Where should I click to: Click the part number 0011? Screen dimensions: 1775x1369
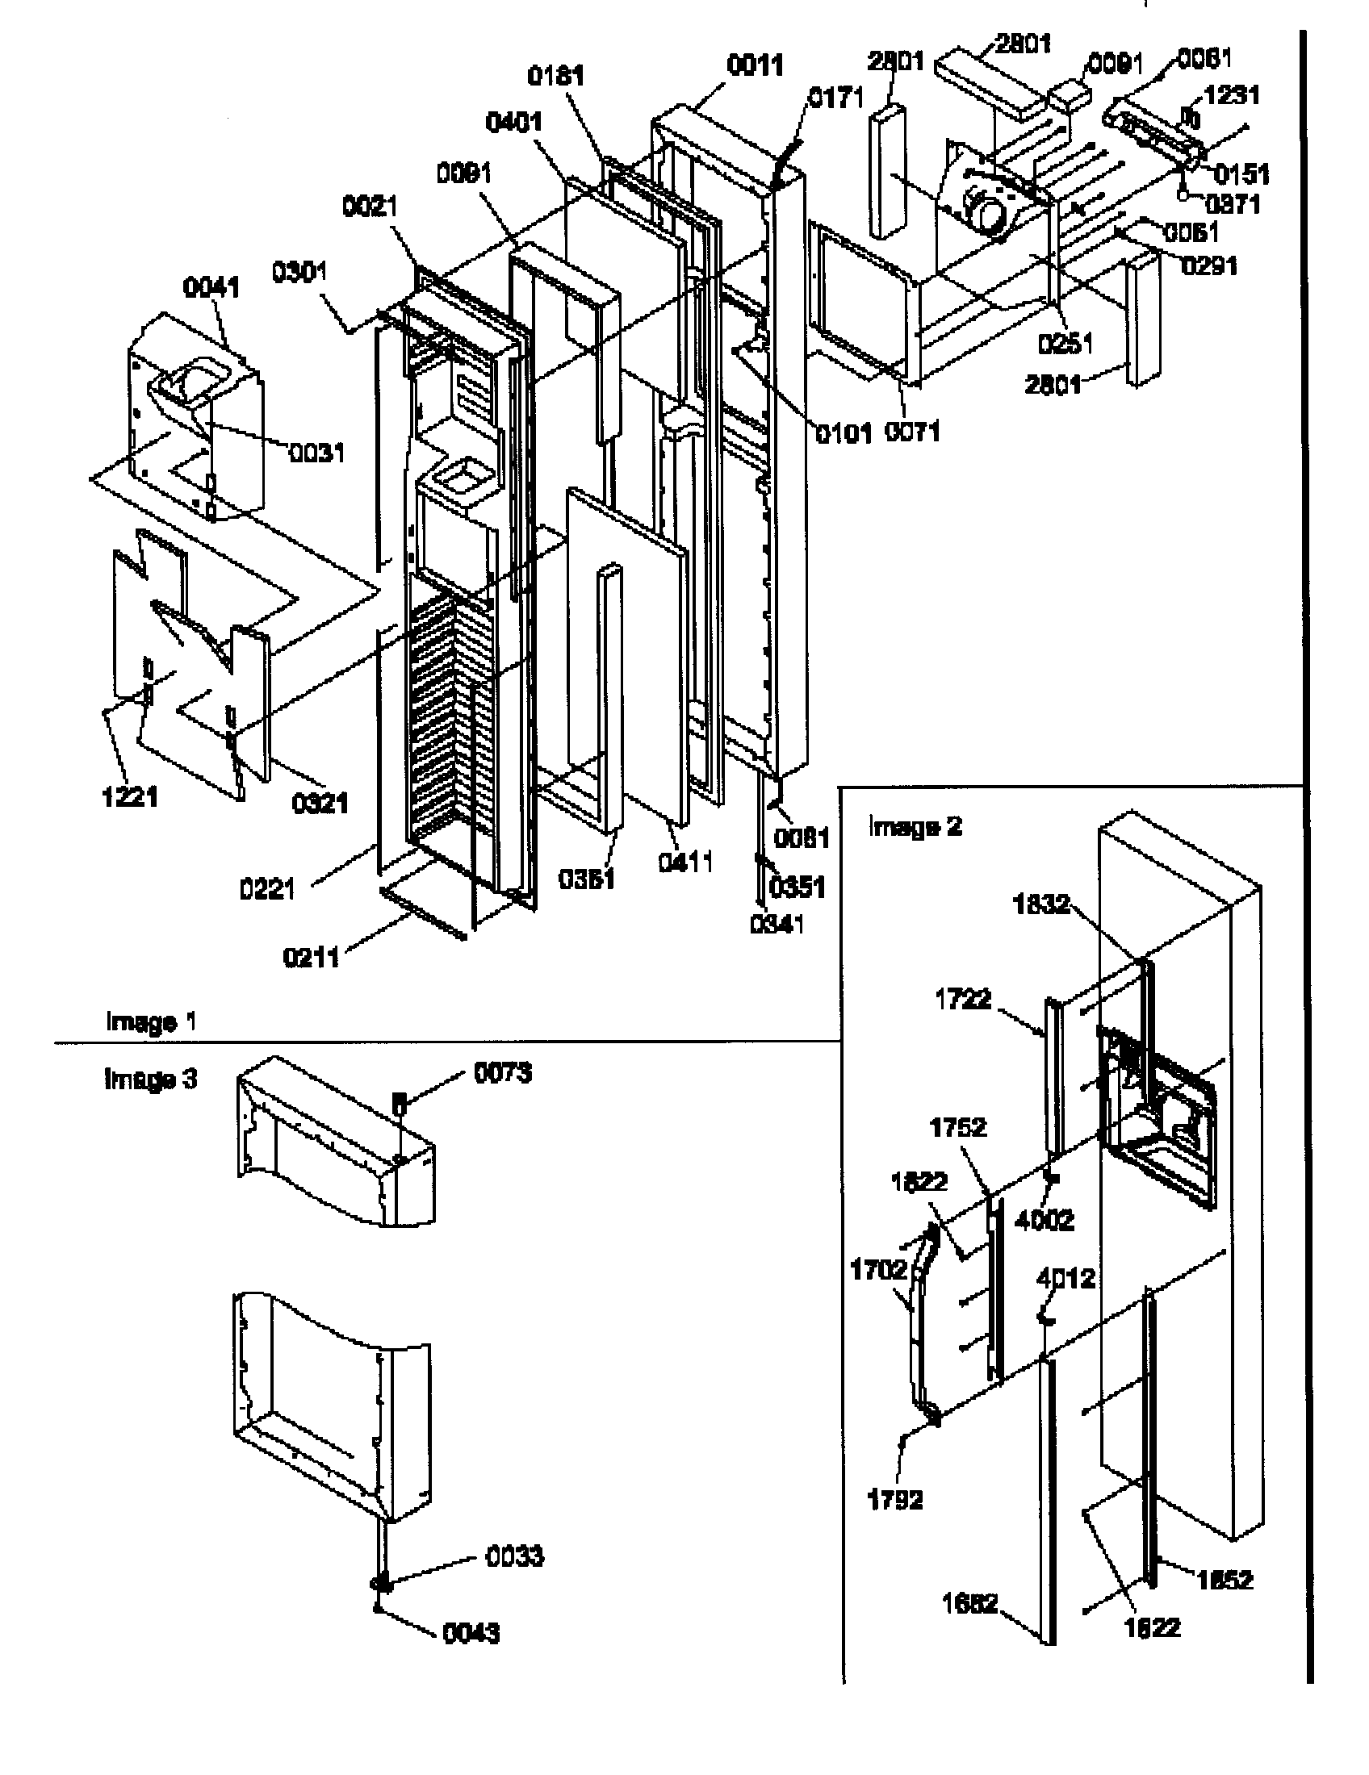click(x=755, y=66)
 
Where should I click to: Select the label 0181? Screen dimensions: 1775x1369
click(x=556, y=77)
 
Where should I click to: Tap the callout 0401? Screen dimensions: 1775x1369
click(x=514, y=123)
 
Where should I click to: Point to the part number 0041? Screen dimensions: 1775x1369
click(x=211, y=288)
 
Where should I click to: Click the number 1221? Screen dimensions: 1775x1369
click(x=130, y=797)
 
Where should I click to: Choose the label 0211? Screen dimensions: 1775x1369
click(x=311, y=958)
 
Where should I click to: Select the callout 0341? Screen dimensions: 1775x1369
click(x=777, y=924)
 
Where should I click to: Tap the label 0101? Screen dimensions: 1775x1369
click(x=844, y=434)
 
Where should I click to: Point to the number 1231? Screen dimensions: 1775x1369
click(x=1232, y=96)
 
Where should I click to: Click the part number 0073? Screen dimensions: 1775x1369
click(x=503, y=1074)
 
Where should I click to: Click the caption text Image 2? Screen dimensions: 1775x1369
click(x=915, y=827)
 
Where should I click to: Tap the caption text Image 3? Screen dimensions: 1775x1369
click(x=150, y=1080)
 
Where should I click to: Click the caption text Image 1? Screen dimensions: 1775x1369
click(x=150, y=1021)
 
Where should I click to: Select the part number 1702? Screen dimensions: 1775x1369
click(x=878, y=1269)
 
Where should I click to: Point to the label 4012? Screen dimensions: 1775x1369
click(x=1065, y=1279)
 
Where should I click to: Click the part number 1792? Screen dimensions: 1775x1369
click(x=895, y=1500)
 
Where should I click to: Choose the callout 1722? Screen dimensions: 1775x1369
click(x=963, y=1000)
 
